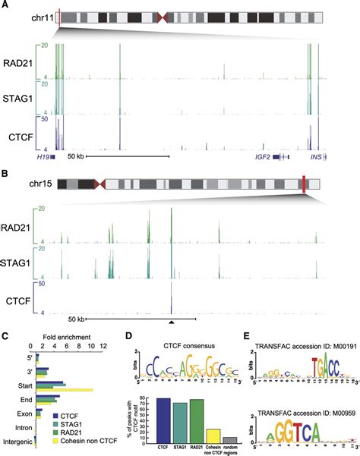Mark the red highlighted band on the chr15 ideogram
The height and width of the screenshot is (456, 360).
(x=303, y=184)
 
